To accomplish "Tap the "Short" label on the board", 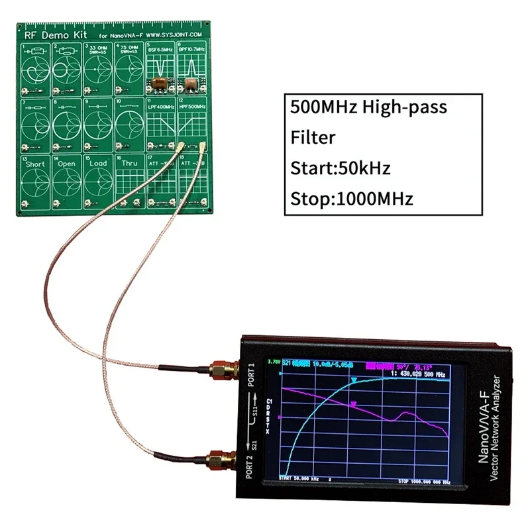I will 34,164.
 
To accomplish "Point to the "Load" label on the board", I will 98,164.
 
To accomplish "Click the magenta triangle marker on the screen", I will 354,403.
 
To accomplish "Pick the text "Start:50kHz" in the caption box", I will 341,168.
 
